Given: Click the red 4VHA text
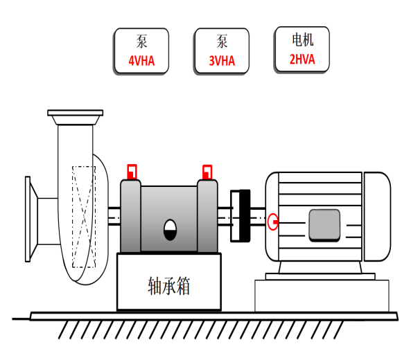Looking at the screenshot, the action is [141, 61].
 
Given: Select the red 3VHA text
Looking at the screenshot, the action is [222, 61].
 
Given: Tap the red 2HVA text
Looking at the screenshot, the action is [302, 59].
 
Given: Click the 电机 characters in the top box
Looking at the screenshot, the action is [303, 40].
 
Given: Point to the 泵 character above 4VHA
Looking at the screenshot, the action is [141, 42].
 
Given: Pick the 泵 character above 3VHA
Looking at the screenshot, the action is [222, 42].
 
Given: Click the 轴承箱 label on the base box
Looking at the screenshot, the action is [168, 286].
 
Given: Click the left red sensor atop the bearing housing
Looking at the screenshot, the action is [132, 172].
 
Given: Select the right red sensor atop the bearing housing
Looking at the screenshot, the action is [207, 172].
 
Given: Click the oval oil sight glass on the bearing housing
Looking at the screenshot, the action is [170, 230].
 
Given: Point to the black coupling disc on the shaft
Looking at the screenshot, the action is [245, 216].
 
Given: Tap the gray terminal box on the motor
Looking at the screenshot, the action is [324, 226].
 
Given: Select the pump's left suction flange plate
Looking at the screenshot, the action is [28, 219].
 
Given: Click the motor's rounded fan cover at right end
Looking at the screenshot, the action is [377, 217].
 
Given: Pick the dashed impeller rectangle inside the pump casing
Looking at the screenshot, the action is [84, 217].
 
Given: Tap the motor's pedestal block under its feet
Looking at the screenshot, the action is [322, 296].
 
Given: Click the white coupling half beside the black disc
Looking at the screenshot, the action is [235, 216].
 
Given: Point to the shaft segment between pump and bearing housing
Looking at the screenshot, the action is [114, 216].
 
